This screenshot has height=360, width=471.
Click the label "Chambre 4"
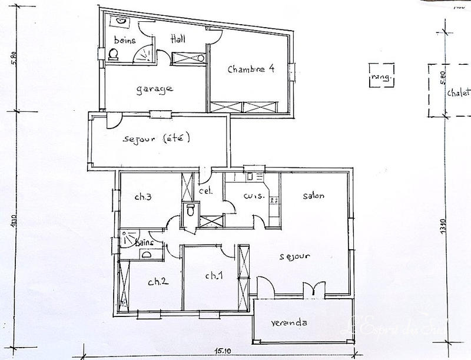(x=251, y=68)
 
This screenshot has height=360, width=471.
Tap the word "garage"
(x=155, y=89)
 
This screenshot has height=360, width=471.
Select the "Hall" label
(x=178, y=39)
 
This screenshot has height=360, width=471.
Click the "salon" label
(x=314, y=196)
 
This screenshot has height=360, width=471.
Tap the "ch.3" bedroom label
(x=144, y=197)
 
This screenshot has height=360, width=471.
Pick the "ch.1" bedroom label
(x=214, y=275)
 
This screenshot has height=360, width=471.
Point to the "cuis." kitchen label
(x=253, y=196)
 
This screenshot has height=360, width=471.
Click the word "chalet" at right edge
(x=459, y=93)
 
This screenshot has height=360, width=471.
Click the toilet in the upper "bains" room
(x=113, y=54)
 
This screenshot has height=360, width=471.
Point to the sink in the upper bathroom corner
(x=121, y=21)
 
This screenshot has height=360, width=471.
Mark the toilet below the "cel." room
(x=190, y=210)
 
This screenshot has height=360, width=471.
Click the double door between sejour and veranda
(x=311, y=290)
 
